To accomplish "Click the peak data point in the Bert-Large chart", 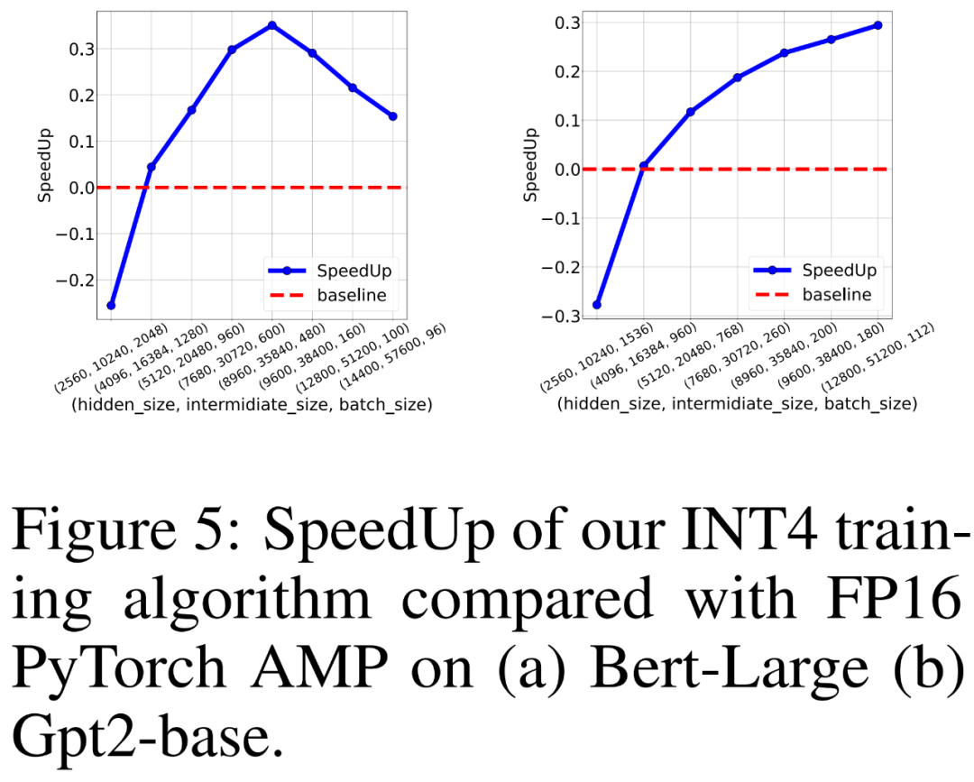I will (271, 25).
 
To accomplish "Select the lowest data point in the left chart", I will (111, 306).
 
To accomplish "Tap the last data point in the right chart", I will (878, 25).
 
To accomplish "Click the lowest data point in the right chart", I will (597, 305).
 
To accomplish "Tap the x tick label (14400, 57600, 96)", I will (408, 357).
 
